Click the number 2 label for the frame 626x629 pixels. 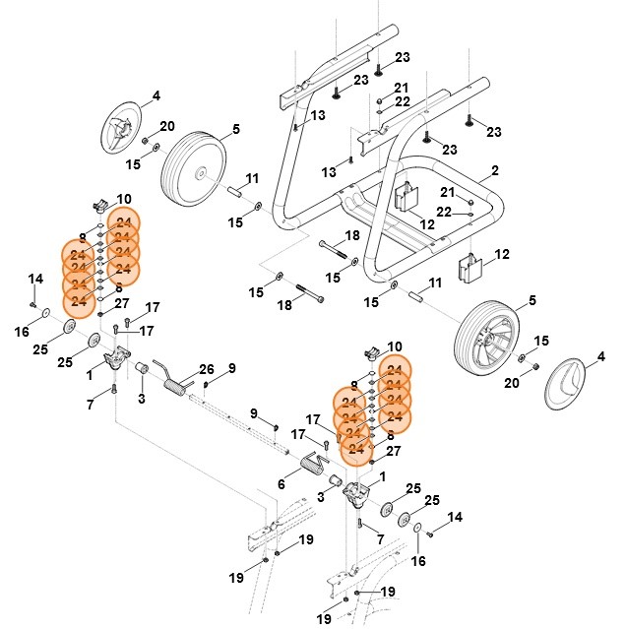pos(494,170)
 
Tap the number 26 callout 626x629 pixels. pos(207,369)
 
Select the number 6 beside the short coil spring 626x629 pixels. pos(282,484)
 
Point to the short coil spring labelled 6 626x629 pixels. pos(313,463)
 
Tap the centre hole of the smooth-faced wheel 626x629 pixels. pos(200,173)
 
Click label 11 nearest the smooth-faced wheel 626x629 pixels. pos(252,178)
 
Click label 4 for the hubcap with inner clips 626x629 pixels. pos(155,96)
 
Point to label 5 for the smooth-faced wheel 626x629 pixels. pos(236,129)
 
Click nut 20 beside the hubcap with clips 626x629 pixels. pos(145,141)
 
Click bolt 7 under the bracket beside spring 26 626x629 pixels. pos(114,391)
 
